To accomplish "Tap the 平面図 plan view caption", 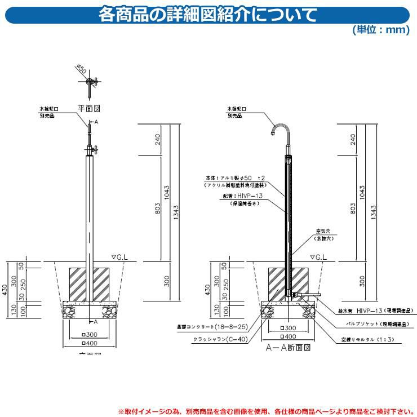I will pos(88,107).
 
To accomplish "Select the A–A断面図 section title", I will pos(288,348).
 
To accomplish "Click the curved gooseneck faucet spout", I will pos(280,129).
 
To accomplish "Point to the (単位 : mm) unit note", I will pos(380,29).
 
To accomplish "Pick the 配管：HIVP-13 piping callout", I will pos(243,196).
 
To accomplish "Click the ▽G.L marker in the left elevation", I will pos(121,256).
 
